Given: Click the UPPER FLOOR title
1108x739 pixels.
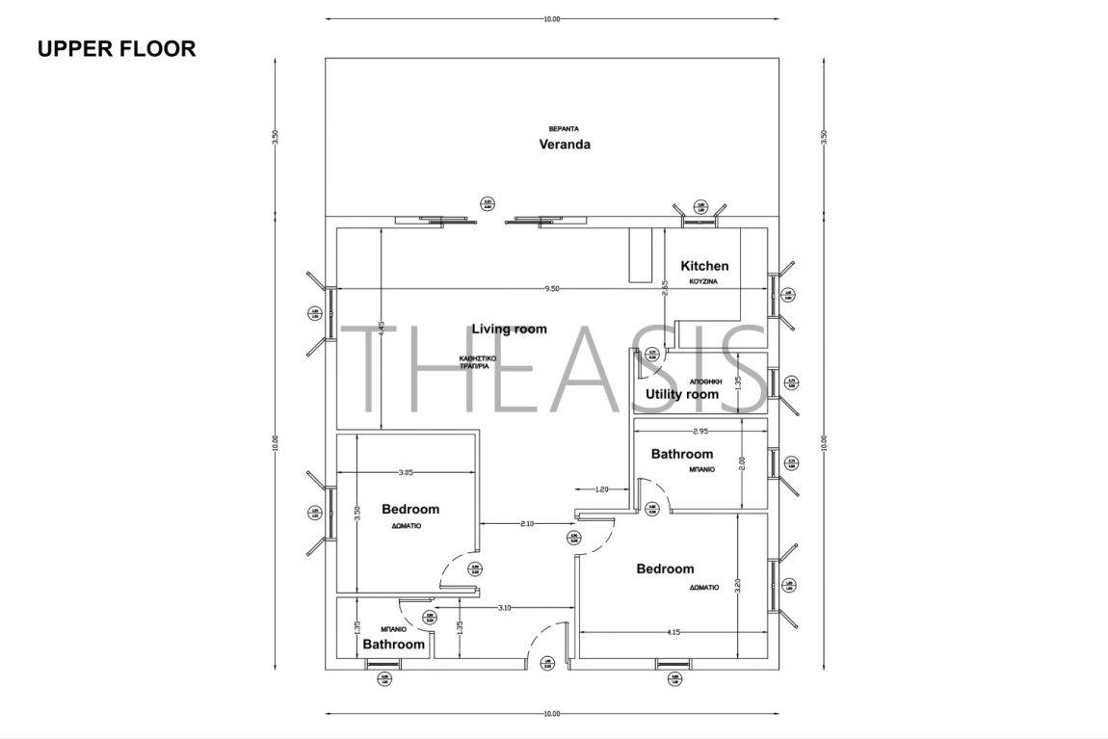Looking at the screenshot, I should (117, 49).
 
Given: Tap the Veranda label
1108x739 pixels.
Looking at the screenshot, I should (564, 145).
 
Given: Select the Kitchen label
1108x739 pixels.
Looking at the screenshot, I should (704, 266).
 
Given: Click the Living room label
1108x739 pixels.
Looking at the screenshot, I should (509, 329).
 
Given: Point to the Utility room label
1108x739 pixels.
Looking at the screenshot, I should (682, 394).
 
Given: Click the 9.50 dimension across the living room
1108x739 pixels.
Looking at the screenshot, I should (551, 287).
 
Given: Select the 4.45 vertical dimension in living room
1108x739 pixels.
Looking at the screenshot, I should (382, 329).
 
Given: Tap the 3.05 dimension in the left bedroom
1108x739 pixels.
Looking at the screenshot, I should (407, 472).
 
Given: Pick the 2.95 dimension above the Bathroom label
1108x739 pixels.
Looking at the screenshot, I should (700, 431).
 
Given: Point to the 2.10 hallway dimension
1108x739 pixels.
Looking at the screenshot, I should (527, 523).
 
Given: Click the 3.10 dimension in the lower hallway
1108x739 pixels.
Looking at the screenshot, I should (504, 607).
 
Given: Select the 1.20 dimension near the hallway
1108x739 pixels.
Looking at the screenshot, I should (601, 489).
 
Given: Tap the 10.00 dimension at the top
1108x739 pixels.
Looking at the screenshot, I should (551, 18).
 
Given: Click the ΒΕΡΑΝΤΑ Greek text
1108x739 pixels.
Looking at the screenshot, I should (563, 128).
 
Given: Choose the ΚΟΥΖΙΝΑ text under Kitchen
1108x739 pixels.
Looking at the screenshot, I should (704, 282).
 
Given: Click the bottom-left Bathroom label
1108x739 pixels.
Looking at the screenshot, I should (394, 644).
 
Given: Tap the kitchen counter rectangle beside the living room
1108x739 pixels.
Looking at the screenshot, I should (640, 255).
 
